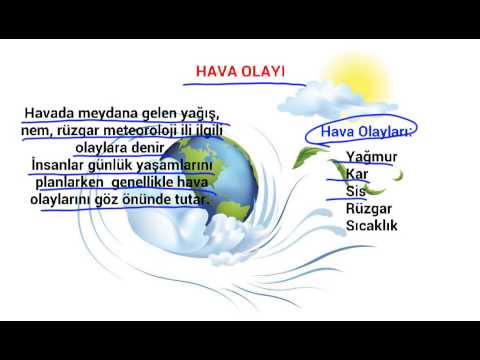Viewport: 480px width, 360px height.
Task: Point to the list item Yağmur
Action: pyautogui.click(x=372, y=158)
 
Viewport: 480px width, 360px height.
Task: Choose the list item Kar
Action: pyautogui.click(x=357, y=175)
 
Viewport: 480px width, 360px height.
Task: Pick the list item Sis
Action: pyautogui.click(x=355, y=192)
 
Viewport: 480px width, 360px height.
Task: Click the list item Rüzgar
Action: pyautogui.click(x=368, y=209)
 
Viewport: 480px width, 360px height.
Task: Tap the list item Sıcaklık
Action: pyautogui.click(x=372, y=226)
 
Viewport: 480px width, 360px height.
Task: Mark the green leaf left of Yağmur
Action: pyautogui.click(x=315, y=155)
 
